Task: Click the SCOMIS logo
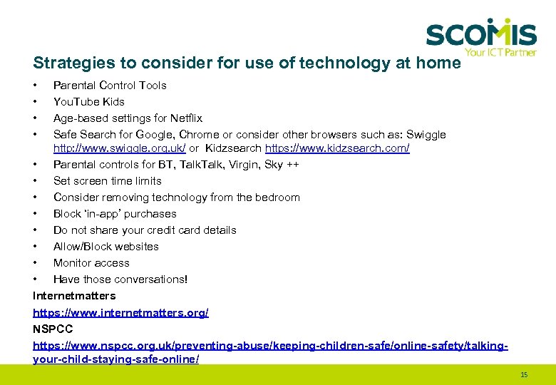coord(481,33)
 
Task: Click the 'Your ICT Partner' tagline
coord(500,52)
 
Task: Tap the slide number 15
coord(524,374)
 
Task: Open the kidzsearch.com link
coord(337,148)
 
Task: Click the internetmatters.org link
coord(120,312)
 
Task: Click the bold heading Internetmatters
coord(74,296)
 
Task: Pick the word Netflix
coord(186,118)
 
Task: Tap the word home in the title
coord(439,63)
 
